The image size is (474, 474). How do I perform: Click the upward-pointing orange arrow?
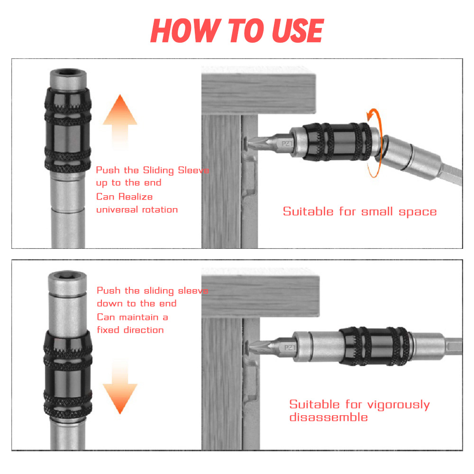click(x=120, y=118)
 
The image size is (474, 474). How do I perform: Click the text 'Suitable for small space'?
click(x=360, y=211)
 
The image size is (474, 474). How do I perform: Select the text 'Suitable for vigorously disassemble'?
click(x=359, y=410)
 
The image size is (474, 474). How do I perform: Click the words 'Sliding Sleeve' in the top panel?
click(x=176, y=170)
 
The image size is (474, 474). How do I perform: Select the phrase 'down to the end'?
click(x=137, y=303)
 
